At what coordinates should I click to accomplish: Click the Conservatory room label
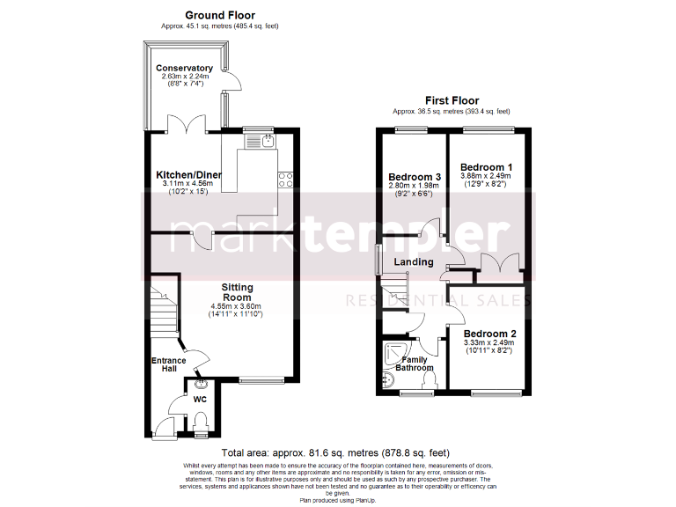(x=184, y=68)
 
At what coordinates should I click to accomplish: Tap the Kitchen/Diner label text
(x=188, y=174)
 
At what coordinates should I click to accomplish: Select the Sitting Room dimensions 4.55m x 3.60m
(x=236, y=305)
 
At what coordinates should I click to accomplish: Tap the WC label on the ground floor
(x=199, y=400)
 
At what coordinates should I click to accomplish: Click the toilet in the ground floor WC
(x=200, y=427)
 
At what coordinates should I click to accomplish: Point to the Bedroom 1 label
(x=486, y=167)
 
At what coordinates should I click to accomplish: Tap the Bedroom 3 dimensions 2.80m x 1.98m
(x=413, y=186)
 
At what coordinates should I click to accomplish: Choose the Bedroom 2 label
(x=489, y=334)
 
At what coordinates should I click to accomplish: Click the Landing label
(x=413, y=261)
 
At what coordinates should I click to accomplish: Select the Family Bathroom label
(x=414, y=364)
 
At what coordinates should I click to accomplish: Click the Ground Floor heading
(x=219, y=15)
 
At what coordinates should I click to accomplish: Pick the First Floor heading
(x=452, y=100)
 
